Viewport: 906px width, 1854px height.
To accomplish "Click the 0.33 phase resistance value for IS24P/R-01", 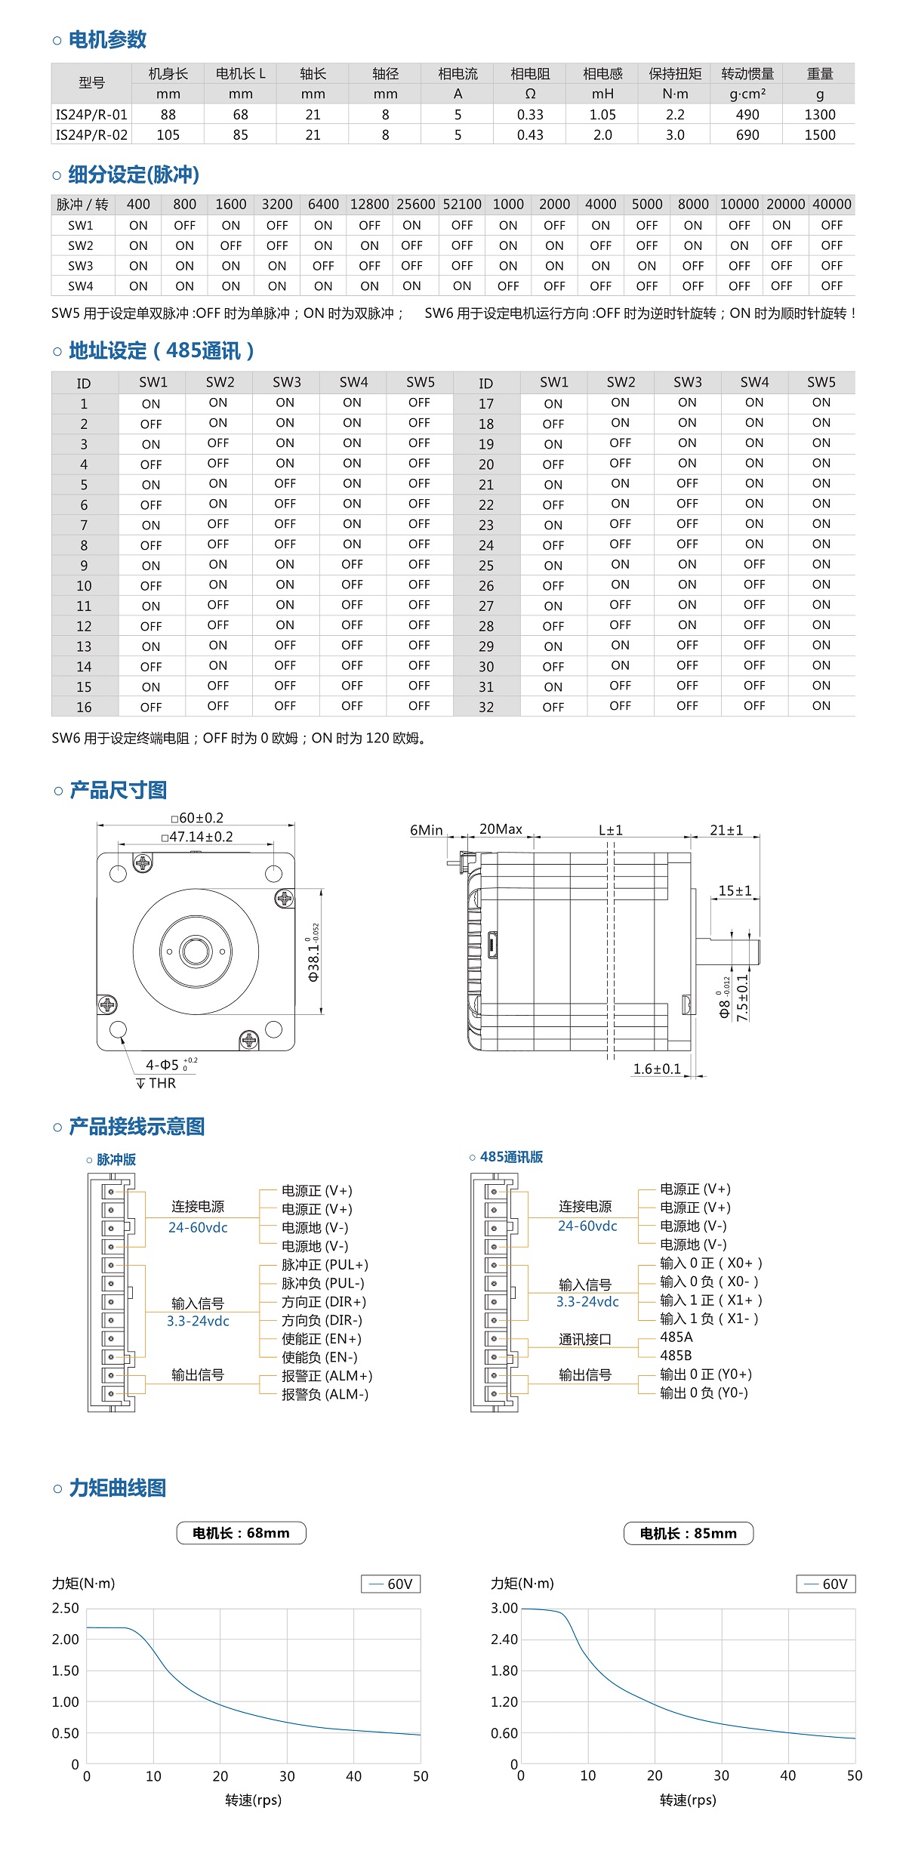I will click(x=530, y=115).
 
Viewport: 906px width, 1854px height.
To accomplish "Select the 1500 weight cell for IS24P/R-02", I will click(x=819, y=135).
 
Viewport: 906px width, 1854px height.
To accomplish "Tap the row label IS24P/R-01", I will click(x=91, y=115).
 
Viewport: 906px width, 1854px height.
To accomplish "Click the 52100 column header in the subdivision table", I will click(x=462, y=205).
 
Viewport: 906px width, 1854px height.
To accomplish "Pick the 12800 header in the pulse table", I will click(x=369, y=205).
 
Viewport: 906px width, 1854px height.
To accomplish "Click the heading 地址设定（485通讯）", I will click(x=161, y=351).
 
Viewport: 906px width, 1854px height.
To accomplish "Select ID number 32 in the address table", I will click(x=486, y=708).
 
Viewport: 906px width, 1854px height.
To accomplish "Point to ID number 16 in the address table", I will click(x=84, y=708).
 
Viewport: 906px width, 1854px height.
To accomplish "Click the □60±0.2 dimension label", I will click(x=197, y=819).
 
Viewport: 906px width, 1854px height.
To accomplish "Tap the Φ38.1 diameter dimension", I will click(x=314, y=953).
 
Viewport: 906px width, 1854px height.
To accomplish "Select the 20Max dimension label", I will click(x=501, y=829).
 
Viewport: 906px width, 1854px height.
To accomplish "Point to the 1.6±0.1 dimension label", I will click(x=657, y=1069).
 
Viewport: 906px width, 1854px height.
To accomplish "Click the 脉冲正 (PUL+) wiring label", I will click(x=325, y=1265).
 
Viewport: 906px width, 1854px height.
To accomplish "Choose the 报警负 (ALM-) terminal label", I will click(x=325, y=1395).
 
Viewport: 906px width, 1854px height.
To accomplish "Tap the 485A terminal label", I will click(x=676, y=1337).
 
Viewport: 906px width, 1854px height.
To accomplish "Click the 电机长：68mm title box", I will click(x=241, y=1533).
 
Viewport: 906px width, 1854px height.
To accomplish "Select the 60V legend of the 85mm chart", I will click(x=826, y=1584).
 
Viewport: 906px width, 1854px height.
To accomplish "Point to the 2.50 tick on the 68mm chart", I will click(x=66, y=1609).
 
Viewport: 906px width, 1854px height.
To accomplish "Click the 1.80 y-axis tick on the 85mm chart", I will click(x=504, y=1670).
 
